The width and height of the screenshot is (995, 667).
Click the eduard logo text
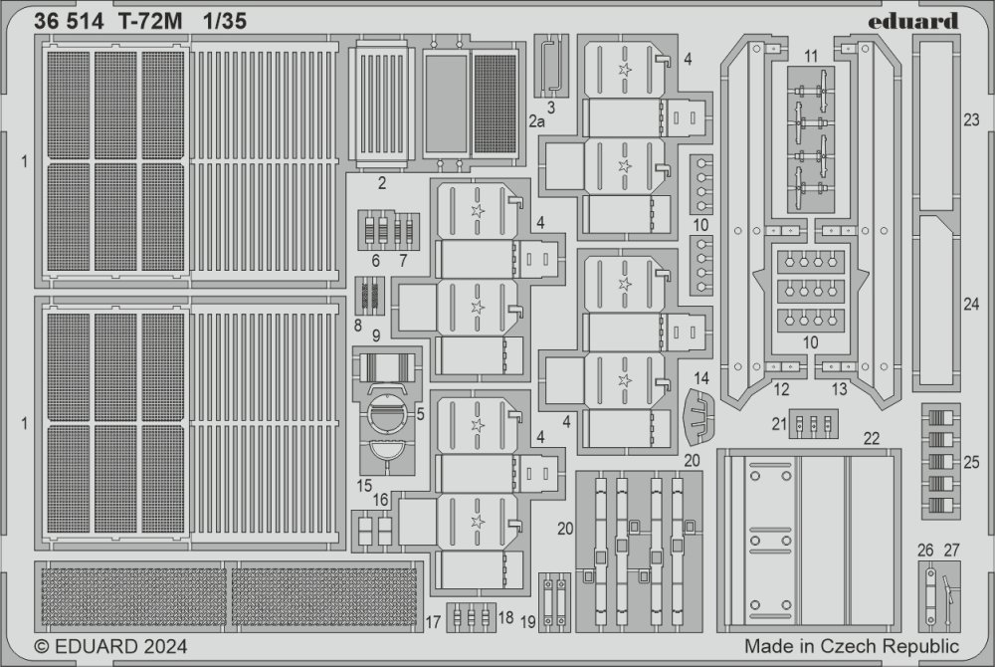912,21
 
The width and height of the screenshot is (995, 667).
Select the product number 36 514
69,22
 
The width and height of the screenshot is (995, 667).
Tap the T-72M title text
149,22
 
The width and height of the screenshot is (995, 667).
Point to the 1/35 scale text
225,22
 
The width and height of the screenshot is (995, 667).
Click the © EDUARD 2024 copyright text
111,647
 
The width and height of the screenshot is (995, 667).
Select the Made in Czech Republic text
852,646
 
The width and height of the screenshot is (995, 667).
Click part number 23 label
971,119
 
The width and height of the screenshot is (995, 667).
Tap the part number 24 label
971,305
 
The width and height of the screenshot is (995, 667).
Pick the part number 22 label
872,439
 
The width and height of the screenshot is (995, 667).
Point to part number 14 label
700,379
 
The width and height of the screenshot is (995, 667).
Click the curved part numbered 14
698,417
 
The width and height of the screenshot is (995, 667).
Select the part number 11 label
811,57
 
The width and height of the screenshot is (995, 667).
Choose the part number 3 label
551,108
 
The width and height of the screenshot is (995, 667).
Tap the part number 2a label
537,121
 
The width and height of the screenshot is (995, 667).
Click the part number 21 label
779,424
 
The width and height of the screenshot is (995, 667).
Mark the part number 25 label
971,463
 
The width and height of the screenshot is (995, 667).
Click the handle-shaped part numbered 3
551,66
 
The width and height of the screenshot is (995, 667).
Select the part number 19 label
528,622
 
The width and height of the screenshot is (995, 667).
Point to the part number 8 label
358,326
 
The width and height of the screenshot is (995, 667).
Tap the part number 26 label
925,551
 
